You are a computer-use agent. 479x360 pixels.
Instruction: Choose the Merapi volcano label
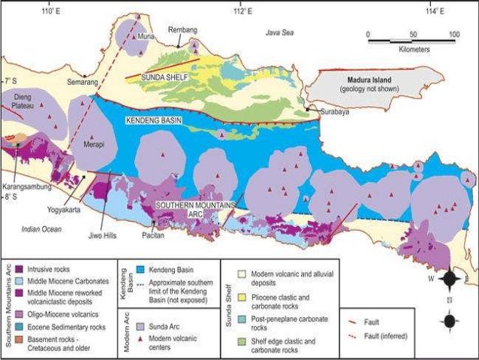point(93,143)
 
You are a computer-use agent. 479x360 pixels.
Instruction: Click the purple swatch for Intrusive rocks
point(18,267)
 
